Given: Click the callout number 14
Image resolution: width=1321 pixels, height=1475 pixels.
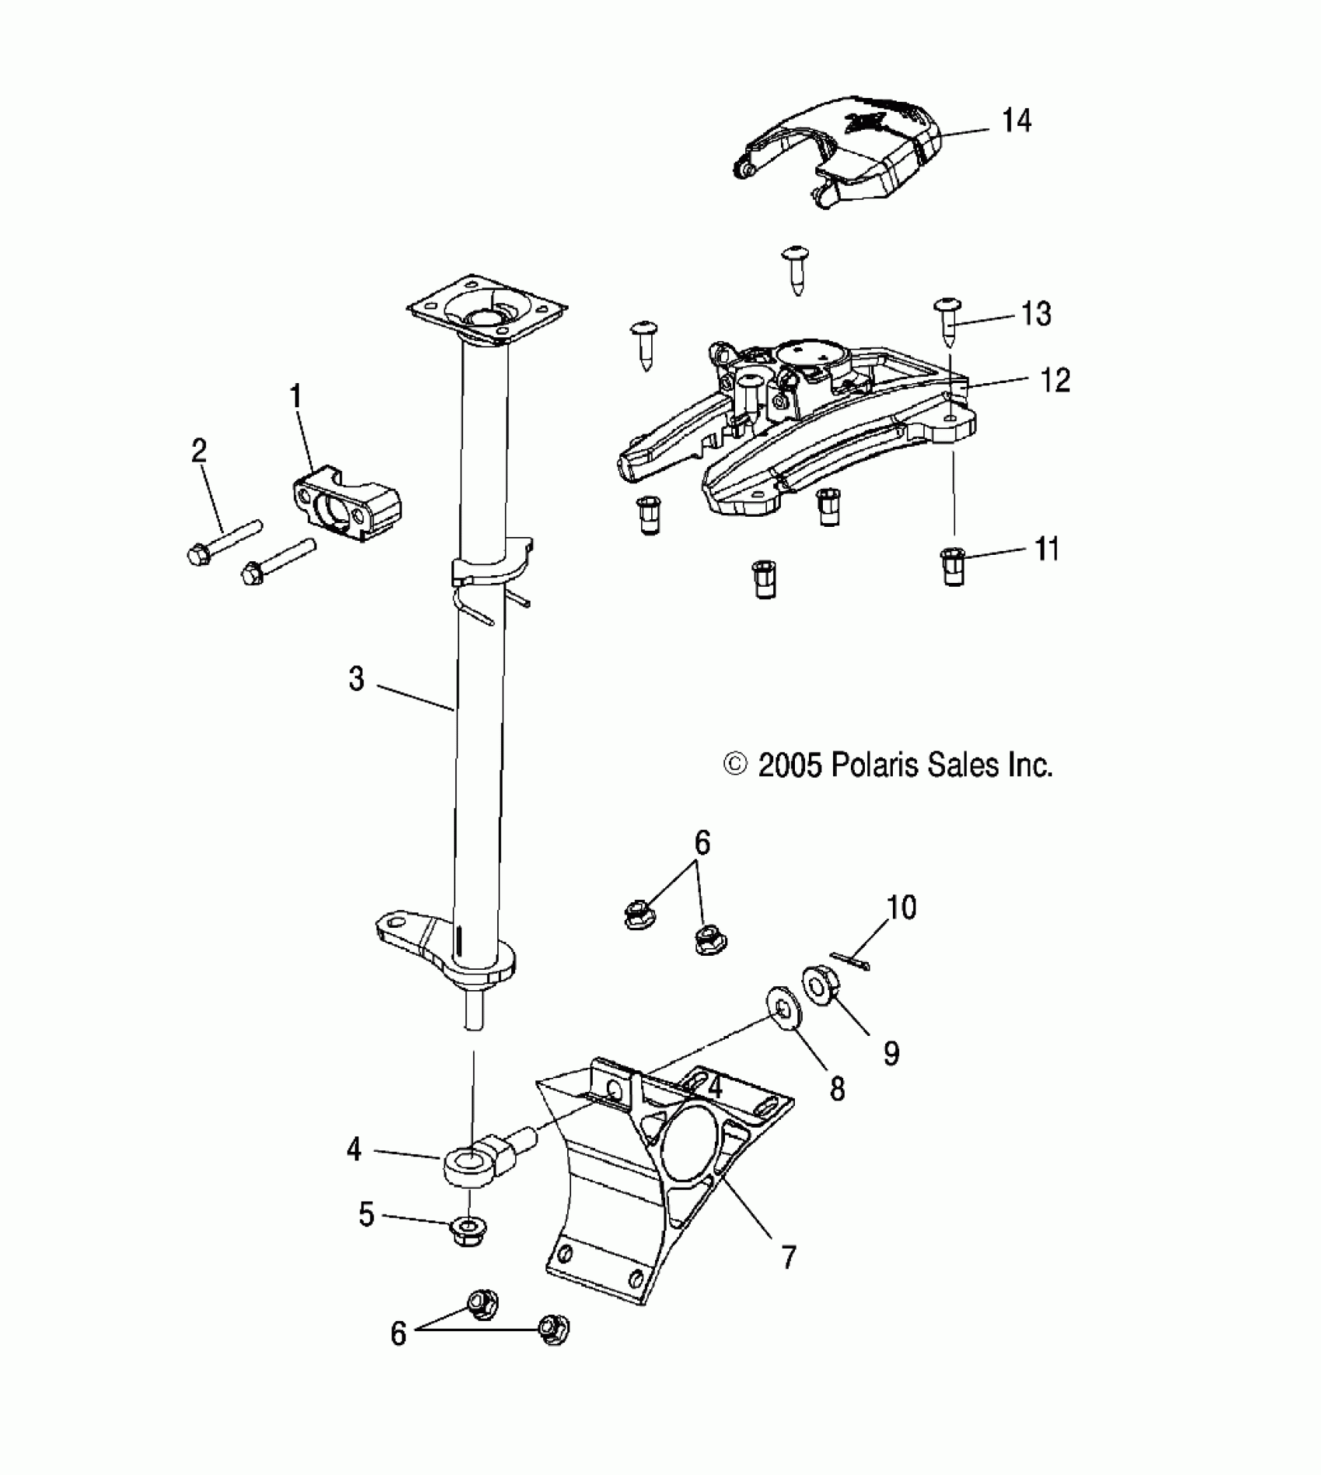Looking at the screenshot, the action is [1016, 121].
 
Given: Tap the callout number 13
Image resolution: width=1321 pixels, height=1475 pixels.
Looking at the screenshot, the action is [1036, 314].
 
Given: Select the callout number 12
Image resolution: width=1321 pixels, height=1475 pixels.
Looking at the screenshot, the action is [1054, 381].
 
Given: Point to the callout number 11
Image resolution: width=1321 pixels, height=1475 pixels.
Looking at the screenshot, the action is [1047, 549].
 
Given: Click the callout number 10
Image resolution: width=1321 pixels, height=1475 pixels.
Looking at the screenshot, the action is [901, 908].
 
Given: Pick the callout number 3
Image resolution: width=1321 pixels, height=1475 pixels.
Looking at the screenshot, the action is [356, 679].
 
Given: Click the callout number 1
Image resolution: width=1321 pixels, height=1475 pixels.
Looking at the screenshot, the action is [295, 398].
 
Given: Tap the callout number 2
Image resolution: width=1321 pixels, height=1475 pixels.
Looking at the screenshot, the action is [199, 452].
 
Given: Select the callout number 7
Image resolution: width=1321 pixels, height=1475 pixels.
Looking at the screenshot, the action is [789, 1257].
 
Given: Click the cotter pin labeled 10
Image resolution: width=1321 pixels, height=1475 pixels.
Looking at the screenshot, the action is [850, 961].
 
